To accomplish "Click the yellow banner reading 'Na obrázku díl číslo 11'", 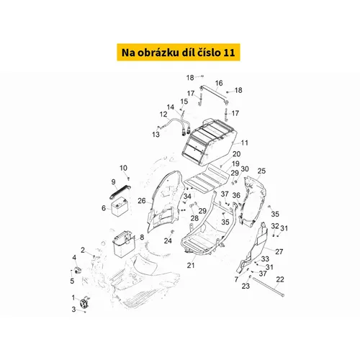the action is pyautogui.click(x=179, y=53).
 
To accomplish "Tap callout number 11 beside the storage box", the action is pyautogui.click(x=244, y=143).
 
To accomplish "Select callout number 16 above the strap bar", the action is pyautogui.click(x=219, y=83).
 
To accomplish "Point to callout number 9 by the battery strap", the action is pyautogui.click(x=113, y=182).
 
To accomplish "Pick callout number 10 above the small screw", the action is pyautogui.click(x=123, y=168).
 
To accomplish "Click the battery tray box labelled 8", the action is pyautogui.click(x=123, y=243).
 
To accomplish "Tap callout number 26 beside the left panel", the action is pyautogui.click(x=142, y=201).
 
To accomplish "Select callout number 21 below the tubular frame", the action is pyautogui.click(x=191, y=266).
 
